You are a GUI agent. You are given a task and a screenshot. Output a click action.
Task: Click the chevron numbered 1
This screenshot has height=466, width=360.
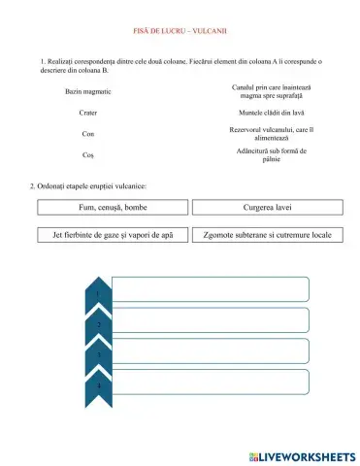coord(99,291)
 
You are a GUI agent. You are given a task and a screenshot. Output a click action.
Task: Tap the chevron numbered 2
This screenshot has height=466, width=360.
coord(99,322)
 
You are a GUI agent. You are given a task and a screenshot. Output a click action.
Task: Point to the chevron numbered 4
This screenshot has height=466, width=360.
coord(99,384)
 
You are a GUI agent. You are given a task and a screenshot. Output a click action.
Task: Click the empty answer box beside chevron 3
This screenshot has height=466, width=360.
coord(212,350)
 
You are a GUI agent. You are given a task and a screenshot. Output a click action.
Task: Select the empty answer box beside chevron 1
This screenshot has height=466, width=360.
coord(212,289)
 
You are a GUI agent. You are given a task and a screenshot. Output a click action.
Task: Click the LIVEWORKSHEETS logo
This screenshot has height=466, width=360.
coord(302,455)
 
